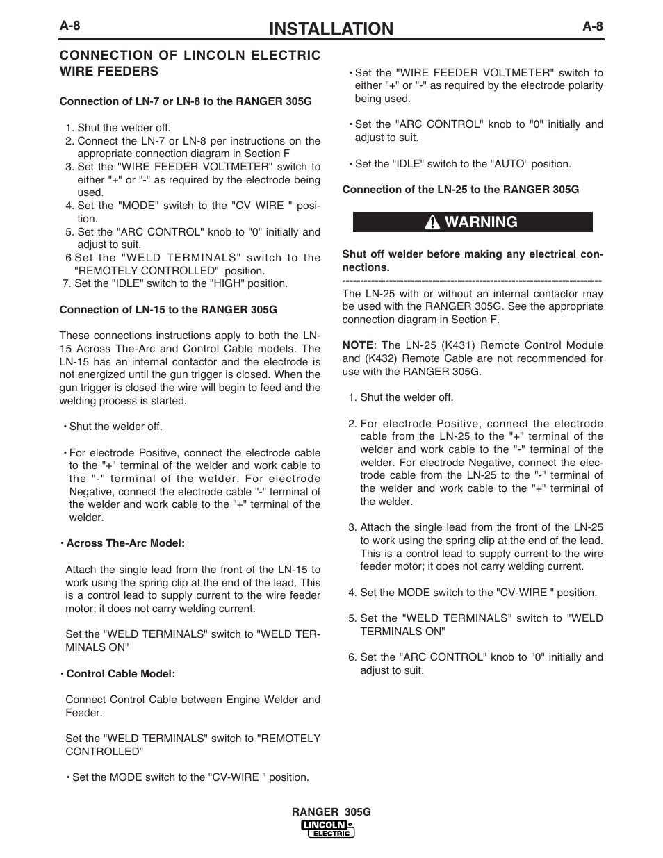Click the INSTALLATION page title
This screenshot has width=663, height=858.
(x=331, y=28)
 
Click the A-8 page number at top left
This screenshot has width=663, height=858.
(x=70, y=26)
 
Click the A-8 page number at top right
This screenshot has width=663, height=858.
(x=593, y=26)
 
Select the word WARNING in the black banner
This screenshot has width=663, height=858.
(x=481, y=222)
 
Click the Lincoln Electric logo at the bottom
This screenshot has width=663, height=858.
(x=328, y=828)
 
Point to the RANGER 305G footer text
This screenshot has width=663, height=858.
(x=331, y=812)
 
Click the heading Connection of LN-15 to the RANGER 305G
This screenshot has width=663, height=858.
(x=168, y=310)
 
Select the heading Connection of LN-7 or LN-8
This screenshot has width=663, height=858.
(x=186, y=101)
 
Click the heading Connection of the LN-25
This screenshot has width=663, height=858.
(x=460, y=190)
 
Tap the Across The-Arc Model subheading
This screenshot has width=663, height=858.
(x=125, y=543)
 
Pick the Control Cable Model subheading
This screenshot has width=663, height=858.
(x=120, y=674)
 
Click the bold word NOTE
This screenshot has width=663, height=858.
(x=358, y=345)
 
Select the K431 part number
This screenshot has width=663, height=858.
(x=464, y=345)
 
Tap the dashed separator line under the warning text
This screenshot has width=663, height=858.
(x=472, y=281)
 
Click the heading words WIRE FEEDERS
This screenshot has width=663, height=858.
(x=109, y=72)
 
